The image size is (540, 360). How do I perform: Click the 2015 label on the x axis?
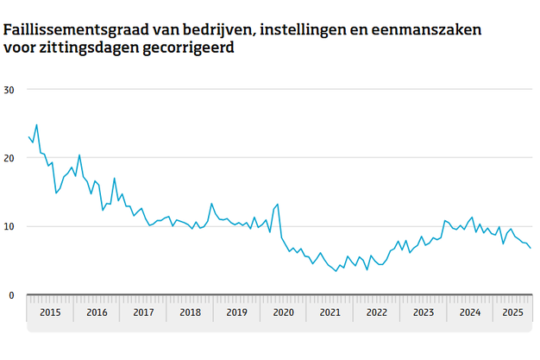pyautogui.click(x=50, y=312)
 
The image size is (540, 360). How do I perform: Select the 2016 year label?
pyautogui.click(x=97, y=312)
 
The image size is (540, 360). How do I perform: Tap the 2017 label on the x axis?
pyautogui.click(x=143, y=312)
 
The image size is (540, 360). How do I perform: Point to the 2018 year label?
pyautogui.click(x=190, y=312)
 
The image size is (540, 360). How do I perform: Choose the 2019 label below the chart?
pyautogui.click(x=236, y=312)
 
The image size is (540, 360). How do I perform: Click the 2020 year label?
pyautogui.click(x=283, y=312)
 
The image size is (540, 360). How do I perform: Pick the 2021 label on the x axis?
pyautogui.click(x=330, y=312)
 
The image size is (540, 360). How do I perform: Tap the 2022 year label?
pyautogui.click(x=376, y=312)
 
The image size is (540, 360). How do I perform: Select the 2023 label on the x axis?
pyautogui.click(x=423, y=312)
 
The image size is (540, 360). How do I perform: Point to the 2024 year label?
pyautogui.click(x=469, y=312)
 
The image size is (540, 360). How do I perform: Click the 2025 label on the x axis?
pyautogui.click(x=514, y=312)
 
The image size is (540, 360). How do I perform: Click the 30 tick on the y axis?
pyautogui.click(x=9, y=90)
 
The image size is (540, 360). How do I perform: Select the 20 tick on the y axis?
pyautogui.click(x=9, y=158)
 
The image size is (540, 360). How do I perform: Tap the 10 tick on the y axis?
pyautogui.click(x=9, y=226)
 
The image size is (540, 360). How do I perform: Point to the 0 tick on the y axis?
pyautogui.click(x=12, y=295)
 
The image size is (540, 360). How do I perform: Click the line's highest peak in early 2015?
pyautogui.click(x=36, y=125)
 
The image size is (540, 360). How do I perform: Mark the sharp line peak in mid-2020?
pyautogui.click(x=278, y=205)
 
